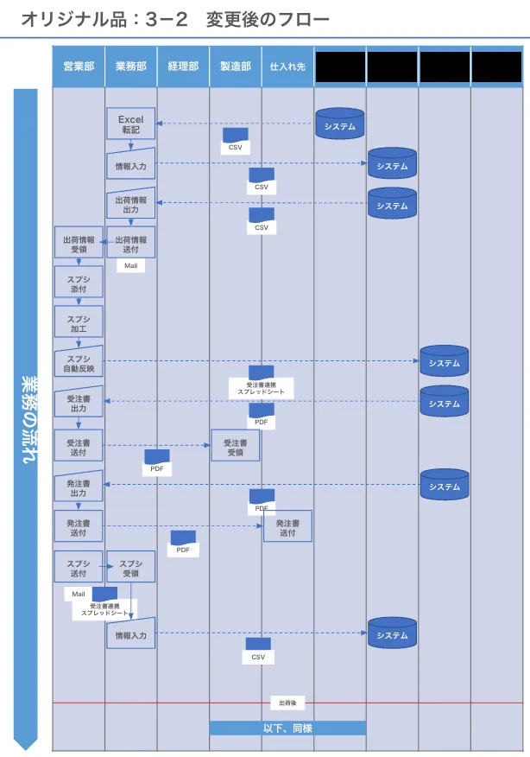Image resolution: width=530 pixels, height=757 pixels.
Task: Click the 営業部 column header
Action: tap(79, 67)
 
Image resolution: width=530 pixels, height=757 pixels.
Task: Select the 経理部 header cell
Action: tap(183, 67)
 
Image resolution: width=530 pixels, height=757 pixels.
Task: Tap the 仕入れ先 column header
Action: tap(287, 67)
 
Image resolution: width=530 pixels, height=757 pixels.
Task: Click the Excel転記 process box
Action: tap(130, 124)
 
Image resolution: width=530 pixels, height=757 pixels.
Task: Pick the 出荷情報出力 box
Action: tap(130, 204)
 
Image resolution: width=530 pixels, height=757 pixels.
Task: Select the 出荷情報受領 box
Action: tap(79, 244)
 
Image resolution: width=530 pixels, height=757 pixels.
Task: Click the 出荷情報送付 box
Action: tap(130, 244)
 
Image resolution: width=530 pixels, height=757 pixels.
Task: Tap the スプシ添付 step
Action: tap(79, 283)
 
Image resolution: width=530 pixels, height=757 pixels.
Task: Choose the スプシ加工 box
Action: tap(79, 323)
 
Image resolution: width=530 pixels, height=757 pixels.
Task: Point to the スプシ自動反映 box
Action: tap(79, 363)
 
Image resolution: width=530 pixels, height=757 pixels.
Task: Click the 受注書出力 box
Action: tap(79, 403)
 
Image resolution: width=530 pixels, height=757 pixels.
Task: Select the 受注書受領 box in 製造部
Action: tap(235, 447)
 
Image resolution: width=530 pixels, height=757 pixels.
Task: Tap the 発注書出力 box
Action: tap(79, 487)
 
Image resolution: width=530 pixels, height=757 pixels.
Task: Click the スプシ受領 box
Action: tap(130, 567)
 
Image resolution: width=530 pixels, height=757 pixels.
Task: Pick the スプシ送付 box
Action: tap(79, 567)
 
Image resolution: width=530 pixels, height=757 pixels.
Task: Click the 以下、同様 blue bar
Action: tap(287, 728)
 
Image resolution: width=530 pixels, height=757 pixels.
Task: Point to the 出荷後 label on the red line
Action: tap(287, 703)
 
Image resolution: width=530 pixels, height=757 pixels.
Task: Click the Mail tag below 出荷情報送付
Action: tap(130, 266)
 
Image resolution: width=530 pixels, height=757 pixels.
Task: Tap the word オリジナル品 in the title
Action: tap(65, 18)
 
